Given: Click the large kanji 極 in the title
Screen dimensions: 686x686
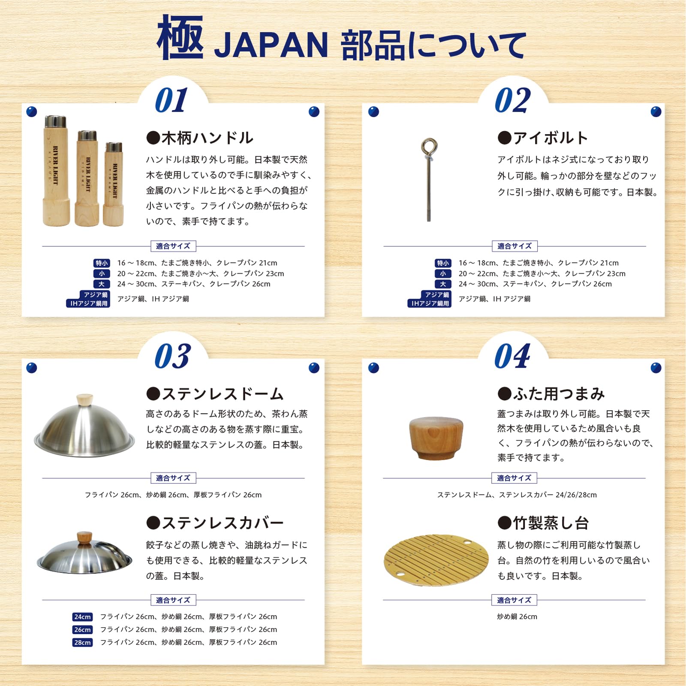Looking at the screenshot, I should (x=180, y=38).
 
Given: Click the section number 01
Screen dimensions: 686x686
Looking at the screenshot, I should (x=171, y=100).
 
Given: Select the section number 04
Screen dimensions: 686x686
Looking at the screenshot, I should (x=512, y=356).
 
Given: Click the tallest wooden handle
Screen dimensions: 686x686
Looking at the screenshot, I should (x=56, y=171).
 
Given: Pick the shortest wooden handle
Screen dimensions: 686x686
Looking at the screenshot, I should (x=114, y=184).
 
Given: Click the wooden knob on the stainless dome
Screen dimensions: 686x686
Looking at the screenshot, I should (x=85, y=399).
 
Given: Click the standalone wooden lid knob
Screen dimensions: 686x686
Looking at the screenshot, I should (x=436, y=438).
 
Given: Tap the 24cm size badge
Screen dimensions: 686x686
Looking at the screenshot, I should (x=82, y=617).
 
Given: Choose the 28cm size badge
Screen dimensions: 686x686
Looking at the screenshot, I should (x=82, y=642).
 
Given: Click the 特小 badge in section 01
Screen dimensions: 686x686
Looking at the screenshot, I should (x=102, y=263).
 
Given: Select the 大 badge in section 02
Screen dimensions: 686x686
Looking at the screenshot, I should (x=443, y=284).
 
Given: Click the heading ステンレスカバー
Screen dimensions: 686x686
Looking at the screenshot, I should (x=215, y=523).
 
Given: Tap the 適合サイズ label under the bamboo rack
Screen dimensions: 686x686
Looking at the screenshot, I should (x=514, y=600).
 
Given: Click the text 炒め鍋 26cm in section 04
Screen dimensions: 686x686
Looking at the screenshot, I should (x=517, y=616).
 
